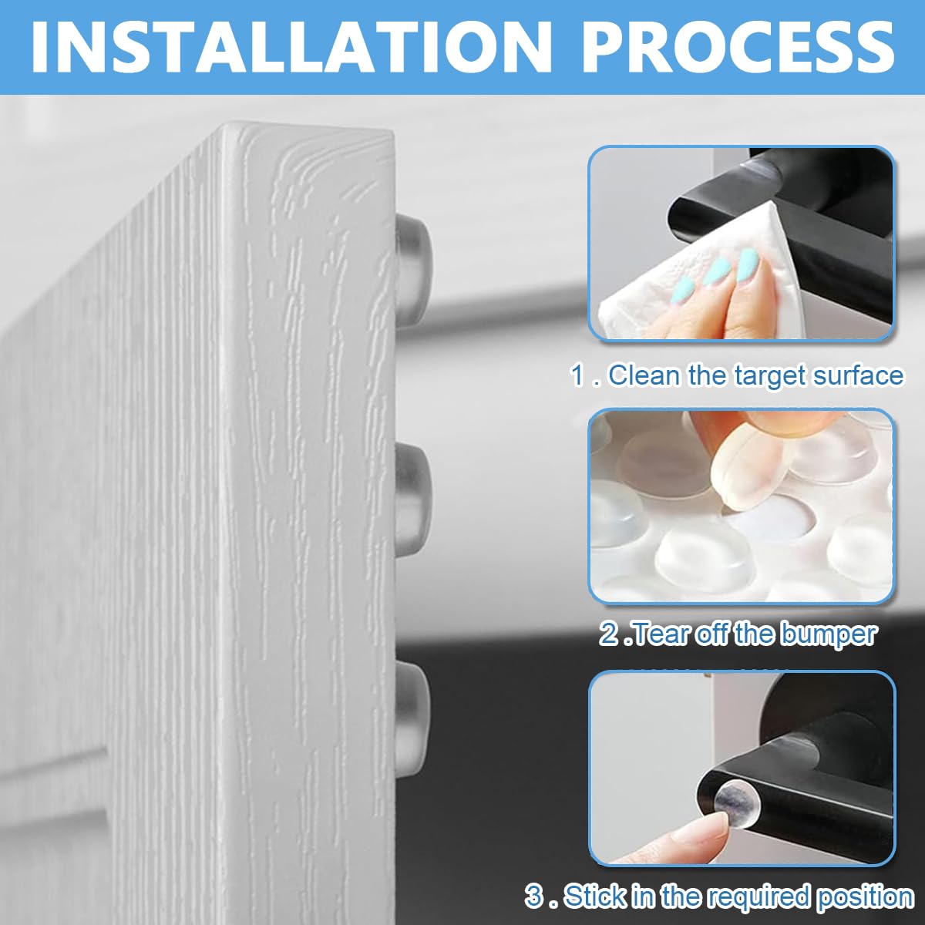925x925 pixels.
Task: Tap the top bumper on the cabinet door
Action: pos(412,261)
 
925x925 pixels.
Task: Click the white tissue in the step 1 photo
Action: pos(678,285)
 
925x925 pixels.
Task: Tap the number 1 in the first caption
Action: pos(577,376)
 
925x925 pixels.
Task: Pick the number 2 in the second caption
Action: pos(609,634)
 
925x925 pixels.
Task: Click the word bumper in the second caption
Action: pos(829,634)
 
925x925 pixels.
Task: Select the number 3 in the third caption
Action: pos(534,896)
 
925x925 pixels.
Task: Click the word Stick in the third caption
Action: pos(594,896)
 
